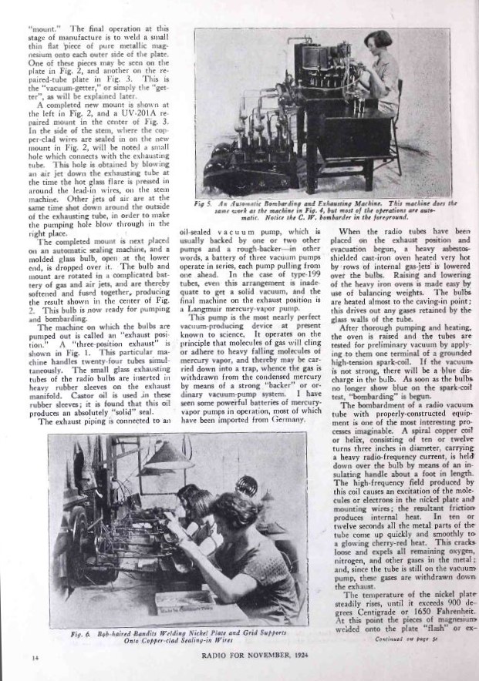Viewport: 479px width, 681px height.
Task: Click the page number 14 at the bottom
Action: [x=35, y=657]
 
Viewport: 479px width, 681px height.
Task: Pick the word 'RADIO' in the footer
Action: [x=214, y=657]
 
